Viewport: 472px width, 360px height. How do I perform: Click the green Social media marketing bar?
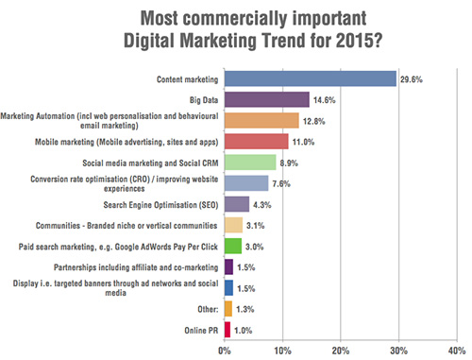249,162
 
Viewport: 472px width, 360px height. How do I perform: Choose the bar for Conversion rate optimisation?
245,182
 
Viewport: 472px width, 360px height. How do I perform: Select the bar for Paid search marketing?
232,246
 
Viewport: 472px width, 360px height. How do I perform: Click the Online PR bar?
227,329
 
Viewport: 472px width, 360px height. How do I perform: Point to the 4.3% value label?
265,204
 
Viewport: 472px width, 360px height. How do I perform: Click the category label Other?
208,308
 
